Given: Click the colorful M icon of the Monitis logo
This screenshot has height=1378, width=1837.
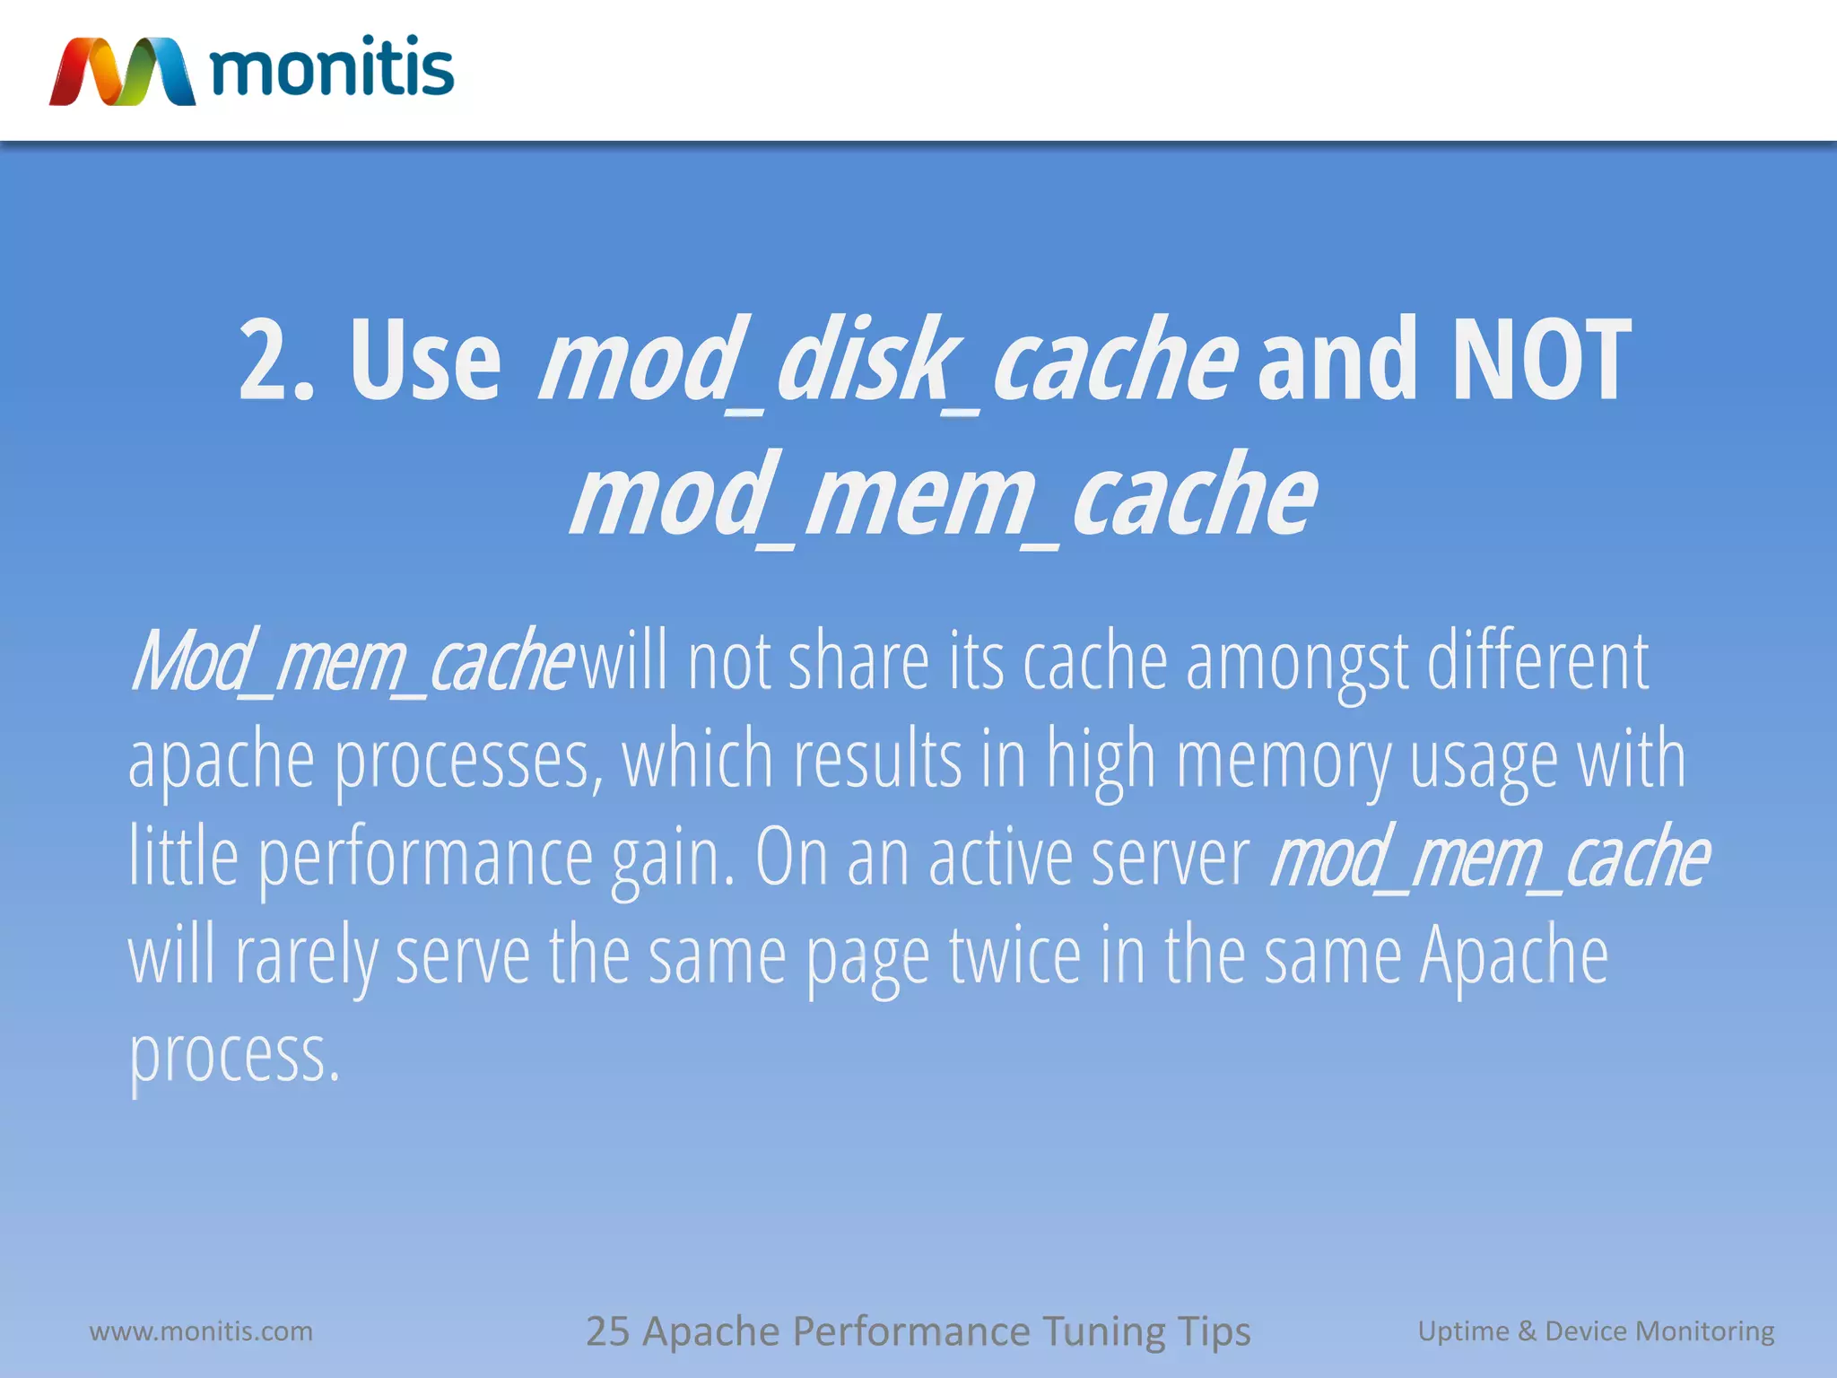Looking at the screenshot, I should (122, 72).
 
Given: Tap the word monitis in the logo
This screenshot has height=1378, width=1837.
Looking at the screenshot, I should (332, 68).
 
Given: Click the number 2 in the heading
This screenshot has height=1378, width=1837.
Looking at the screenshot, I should (265, 361).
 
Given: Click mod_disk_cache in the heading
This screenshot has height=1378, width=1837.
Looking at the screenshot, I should (888, 361).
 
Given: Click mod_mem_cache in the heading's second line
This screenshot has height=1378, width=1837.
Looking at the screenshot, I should (944, 495).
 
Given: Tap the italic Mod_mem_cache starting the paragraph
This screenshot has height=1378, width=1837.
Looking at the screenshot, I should (350, 662).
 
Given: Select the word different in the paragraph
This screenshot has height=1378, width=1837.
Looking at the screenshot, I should (1537, 662).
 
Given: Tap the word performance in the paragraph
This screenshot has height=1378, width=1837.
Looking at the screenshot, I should (426, 859).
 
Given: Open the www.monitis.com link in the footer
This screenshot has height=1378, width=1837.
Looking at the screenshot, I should (201, 1331).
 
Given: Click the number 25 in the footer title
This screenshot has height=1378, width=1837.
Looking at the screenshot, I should (607, 1331).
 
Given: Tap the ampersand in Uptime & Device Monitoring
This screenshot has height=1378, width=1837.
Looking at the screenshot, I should (1527, 1331).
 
